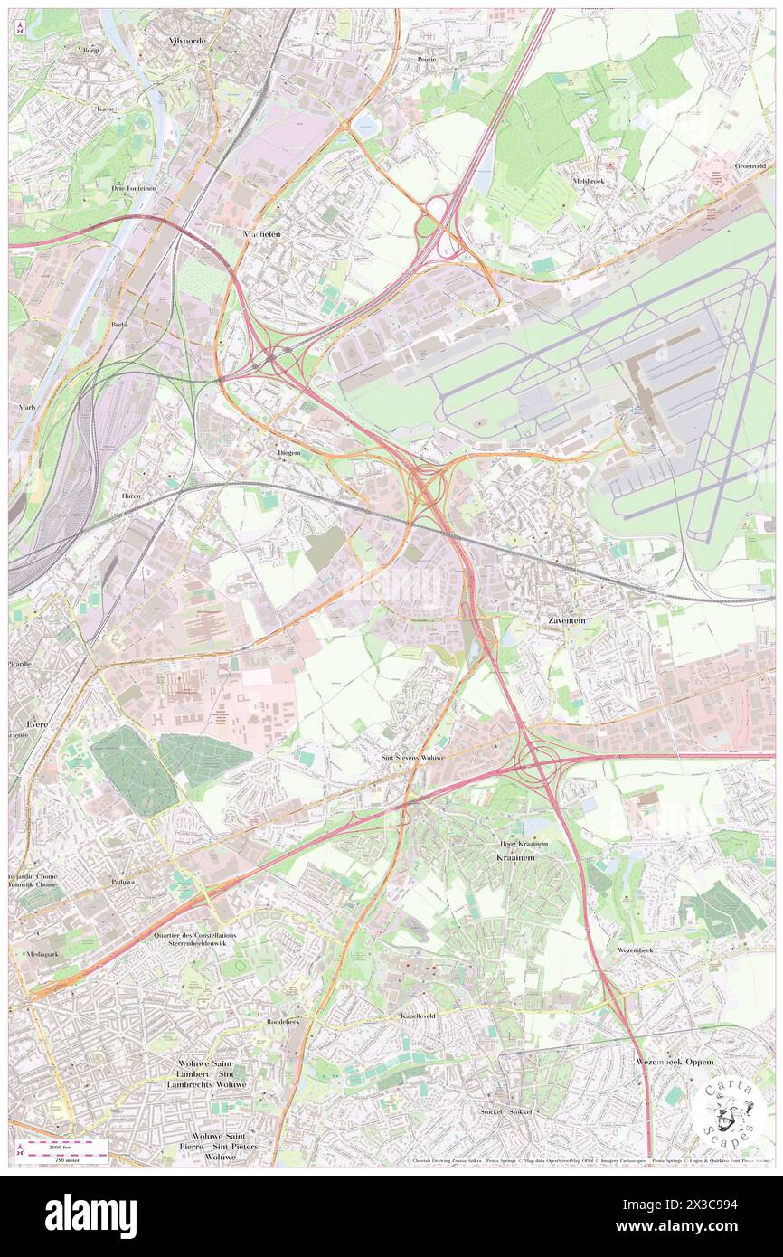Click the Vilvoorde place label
[x=167, y=42]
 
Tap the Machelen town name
[x=262, y=233]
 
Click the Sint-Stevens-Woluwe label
[x=411, y=758]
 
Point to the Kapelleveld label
[x=419, y=1016]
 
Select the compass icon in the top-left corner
[x=21, y=29]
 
